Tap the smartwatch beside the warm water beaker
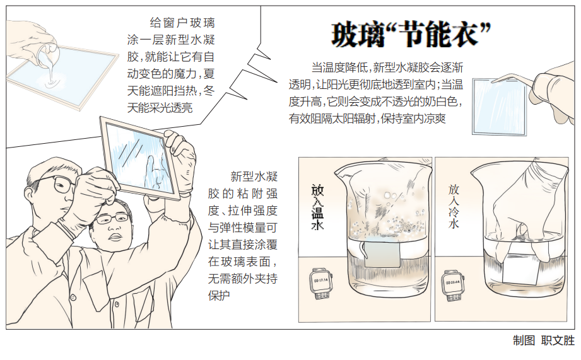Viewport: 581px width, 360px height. pos(321,283)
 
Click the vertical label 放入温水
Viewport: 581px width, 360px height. pos(317,208)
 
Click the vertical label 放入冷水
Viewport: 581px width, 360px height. pos(454,206)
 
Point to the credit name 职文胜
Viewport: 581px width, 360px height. pos(558,340)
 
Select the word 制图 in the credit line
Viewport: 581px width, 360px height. pos(524,340)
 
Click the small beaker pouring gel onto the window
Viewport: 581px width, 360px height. pos(47,56)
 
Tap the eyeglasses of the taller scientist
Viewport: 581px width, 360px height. pos(55,184)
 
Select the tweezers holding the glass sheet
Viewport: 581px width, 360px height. pos(514,79)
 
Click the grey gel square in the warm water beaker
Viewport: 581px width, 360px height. pos(382,255)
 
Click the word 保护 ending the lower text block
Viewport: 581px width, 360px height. pos(219,296)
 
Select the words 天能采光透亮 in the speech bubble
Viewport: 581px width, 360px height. pos(160,108)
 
